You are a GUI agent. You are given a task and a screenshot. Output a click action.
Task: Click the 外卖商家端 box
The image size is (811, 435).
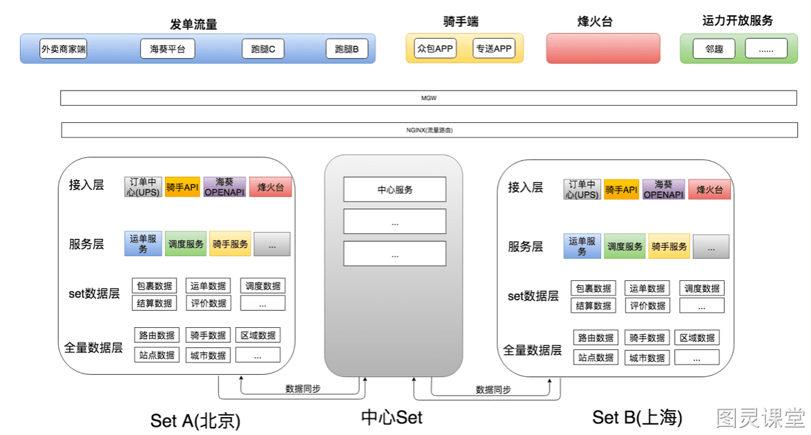(63, 48)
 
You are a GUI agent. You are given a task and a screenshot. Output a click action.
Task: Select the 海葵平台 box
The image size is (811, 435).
(168, 48)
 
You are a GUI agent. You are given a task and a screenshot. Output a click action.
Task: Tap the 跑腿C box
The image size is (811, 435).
(263, 48)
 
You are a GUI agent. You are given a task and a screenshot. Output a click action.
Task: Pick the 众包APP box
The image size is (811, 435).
(435, 48)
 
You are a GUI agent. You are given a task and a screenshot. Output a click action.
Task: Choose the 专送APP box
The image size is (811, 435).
(494, 48)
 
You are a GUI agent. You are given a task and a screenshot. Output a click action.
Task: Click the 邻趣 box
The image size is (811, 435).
(714, 48)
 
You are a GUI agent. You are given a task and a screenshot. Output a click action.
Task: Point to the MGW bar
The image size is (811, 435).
(428, 98)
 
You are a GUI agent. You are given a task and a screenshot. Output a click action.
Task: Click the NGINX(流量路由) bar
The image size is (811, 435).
(429, 130)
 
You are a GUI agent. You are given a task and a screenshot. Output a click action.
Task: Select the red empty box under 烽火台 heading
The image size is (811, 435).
(603, 48)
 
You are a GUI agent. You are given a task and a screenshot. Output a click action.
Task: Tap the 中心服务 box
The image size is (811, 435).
(394, 189)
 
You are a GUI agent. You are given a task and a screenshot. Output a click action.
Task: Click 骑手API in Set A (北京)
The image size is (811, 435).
(182, 187)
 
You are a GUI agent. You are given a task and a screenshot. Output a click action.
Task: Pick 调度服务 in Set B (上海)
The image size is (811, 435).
(624, 246)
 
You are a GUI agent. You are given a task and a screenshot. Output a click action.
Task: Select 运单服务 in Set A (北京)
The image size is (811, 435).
(143, 244)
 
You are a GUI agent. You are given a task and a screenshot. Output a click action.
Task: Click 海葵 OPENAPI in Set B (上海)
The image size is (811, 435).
(664, 189)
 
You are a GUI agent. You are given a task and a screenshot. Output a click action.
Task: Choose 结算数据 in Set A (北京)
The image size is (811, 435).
(154, 302)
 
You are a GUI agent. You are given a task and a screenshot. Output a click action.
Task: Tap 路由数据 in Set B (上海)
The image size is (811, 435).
(596, 338)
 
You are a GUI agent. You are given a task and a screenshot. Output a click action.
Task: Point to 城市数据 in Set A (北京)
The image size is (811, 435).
(208, 355)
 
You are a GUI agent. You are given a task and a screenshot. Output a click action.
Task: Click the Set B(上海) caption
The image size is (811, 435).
(637, 418)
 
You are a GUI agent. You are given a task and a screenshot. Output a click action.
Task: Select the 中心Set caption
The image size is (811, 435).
(392, 418)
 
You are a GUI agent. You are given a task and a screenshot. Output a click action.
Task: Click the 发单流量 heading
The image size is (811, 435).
(193, 23)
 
